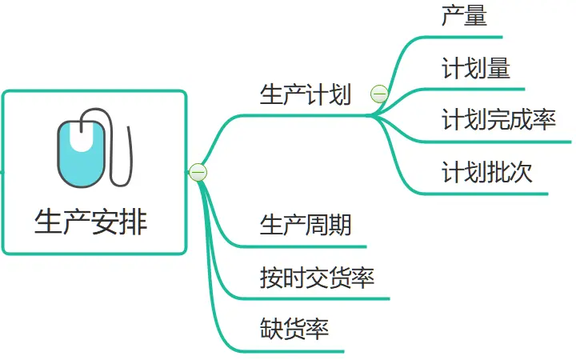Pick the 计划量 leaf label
click(x=475, y=69)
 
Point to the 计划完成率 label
click(x=498, y=120)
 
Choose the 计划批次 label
click(x=486, y=172)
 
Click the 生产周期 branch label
click(x=306, y=225)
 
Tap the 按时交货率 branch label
click(x=317, y=278)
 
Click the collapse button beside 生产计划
click(x=379, y=95)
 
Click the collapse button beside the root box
click(x=198, y=171)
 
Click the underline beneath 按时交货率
click(x=320, y=298)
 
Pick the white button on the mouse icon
click(x=81, y=137)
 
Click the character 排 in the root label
click(x=133, y=222)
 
